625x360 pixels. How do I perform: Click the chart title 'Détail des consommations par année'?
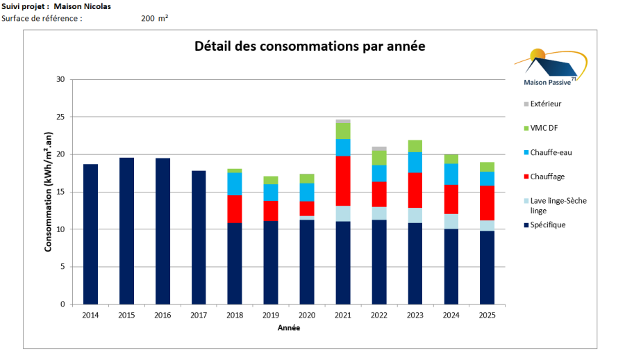310,47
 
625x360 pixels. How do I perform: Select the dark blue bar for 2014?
90,234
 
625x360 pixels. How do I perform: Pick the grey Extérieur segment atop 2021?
343,122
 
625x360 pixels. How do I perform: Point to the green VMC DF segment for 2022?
379,158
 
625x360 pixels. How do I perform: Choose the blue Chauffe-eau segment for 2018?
235,184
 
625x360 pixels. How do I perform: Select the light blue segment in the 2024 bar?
451,221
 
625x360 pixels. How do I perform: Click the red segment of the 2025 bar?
487,203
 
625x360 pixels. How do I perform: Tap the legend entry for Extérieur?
545,104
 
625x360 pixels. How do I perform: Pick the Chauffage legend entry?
547,177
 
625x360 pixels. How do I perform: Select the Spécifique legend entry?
547,224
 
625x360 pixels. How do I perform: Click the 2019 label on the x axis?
271,316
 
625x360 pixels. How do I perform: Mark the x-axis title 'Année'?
289,328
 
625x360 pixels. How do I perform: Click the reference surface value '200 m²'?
154,18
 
